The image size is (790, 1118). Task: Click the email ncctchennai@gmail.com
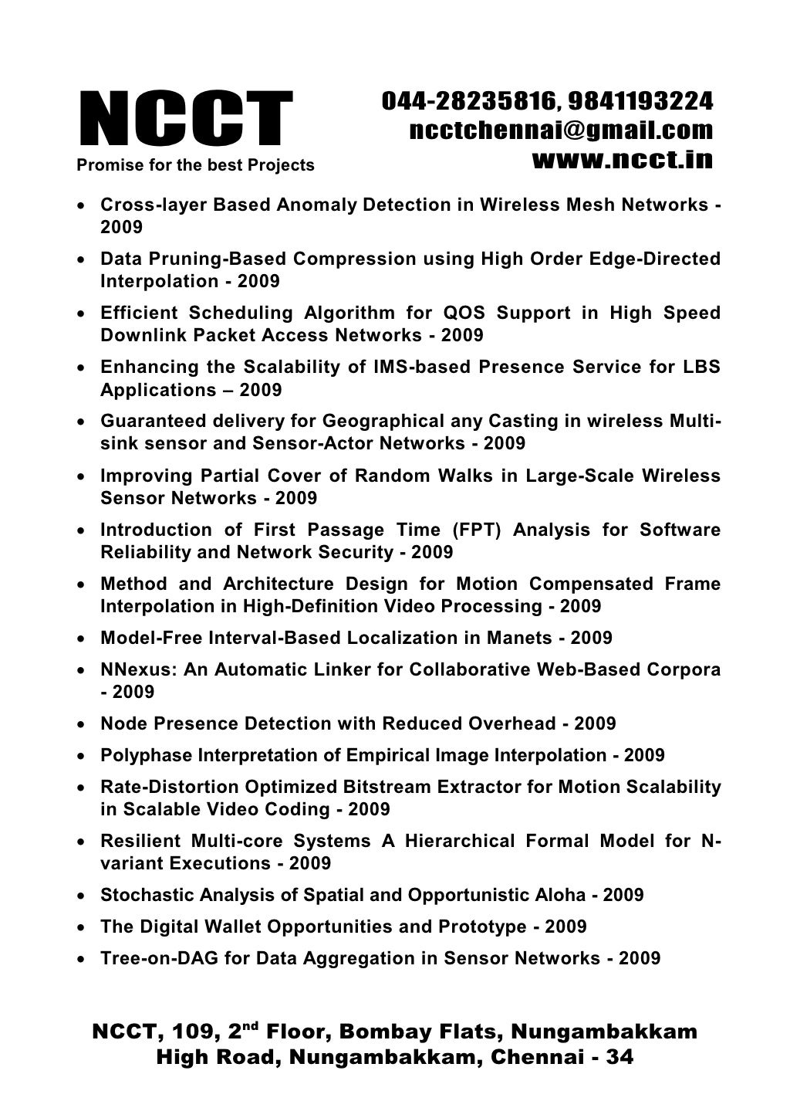pos(560,130)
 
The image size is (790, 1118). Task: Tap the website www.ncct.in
pos(622,159)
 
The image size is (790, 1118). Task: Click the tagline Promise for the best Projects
pos(194,165)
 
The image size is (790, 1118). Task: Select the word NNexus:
pos(140,670)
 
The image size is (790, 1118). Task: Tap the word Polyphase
pos(146,755)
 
